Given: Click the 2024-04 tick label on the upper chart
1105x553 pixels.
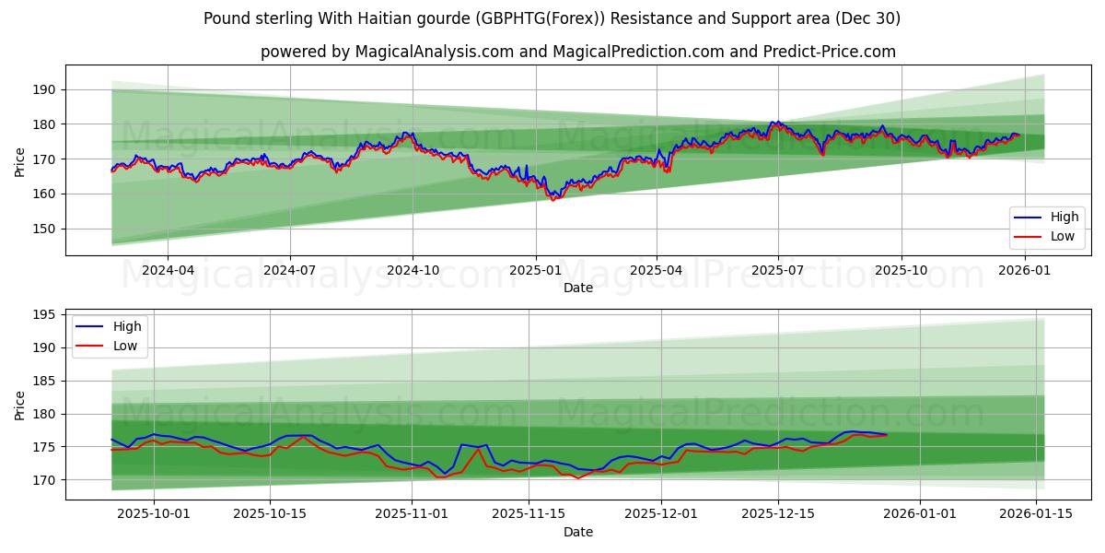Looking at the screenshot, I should point(168,270).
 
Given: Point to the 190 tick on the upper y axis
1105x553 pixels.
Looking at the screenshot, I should point(43,89).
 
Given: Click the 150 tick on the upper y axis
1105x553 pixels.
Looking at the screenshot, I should point(43,229).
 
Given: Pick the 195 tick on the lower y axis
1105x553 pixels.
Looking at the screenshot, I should point(43,314).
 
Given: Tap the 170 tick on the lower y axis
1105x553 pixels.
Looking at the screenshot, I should point(43,480).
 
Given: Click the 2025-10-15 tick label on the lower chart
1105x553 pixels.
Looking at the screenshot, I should point(270,514).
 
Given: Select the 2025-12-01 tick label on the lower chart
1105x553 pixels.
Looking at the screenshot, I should point(661,514).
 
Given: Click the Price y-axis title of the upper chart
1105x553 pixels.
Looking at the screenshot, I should point(19,160).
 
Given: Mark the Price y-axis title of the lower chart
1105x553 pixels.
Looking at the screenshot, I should point(19,405).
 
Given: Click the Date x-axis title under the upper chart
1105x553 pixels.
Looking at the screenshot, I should point(578,288).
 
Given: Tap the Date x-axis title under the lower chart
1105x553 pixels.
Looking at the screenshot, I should point(578,532).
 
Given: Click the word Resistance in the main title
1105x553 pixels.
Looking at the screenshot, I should point(602,18).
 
